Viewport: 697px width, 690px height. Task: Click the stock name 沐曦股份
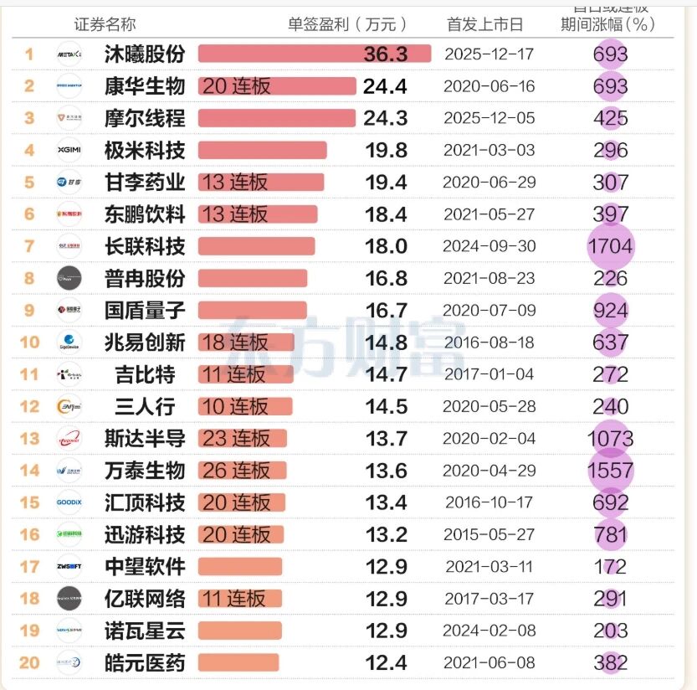click(x=145, y=54)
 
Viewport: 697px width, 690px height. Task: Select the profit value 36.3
click(x=386, y=54)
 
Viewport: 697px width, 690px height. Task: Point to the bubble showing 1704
click(x=611, y=246)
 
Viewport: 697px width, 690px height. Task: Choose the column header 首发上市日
click(x=485, y=24)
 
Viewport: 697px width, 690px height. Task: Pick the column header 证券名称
click(x=105, y=24)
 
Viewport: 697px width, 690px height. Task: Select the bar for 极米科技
click(x=262, y=151)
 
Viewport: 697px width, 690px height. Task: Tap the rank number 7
click(x=29, y=246)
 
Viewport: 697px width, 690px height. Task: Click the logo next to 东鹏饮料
click(x=69, y=214)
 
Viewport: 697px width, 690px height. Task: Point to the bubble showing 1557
click(x=611, y=471)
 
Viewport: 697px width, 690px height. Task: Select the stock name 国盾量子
click(x=145, y=311)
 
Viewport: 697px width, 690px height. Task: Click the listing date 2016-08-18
click(x=489, y=342)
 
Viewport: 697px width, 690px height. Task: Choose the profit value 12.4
click(x=386, y=663)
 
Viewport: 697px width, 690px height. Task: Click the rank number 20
click(x=29, y=663)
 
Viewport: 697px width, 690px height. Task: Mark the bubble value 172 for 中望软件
click(x=611, y=567)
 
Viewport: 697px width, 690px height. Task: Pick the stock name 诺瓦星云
click(x=145, y=631)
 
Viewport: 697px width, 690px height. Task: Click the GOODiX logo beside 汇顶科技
click(x=69, y=502)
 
